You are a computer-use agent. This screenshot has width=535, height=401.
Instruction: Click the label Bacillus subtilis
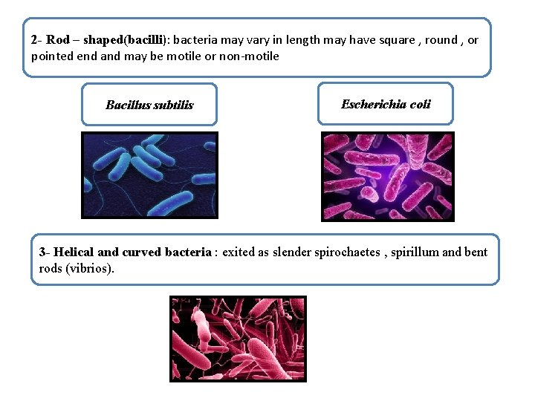(149, 105)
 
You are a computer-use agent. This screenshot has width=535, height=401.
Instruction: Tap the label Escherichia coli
(386, 104)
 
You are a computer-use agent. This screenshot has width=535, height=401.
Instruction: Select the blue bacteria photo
(149, 175)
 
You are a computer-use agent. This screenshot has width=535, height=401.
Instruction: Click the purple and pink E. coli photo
(387, 177)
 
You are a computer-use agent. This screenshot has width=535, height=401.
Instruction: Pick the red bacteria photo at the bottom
(238, 339)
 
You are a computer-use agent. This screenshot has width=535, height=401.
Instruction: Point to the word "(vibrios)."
(91, 268)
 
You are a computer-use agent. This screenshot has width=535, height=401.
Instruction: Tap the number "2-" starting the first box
(37, 40)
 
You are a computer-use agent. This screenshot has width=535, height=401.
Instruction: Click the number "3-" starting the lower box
(45, 252)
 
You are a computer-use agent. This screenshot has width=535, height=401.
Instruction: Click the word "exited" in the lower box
(239, 252)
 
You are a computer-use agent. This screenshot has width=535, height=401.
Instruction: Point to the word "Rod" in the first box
(57, 40)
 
